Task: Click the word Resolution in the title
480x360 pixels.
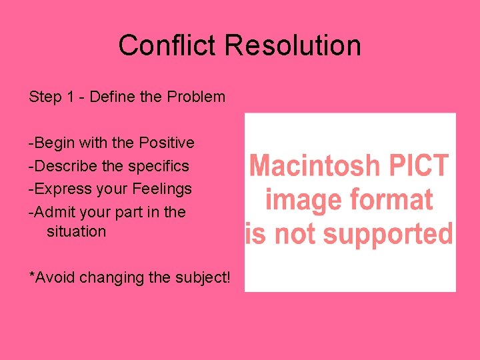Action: pos(293,45)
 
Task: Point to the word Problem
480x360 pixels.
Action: pos(196,97)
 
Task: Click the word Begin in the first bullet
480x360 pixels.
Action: pos(51,143)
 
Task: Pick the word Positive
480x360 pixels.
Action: pos(167,143)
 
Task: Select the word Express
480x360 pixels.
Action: pos(61,189)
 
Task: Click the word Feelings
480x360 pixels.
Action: pos(162,189)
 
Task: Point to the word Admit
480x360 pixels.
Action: pos(53,212)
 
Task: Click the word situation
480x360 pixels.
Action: pos(76,231)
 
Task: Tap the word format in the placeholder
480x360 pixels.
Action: pos(393,199)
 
